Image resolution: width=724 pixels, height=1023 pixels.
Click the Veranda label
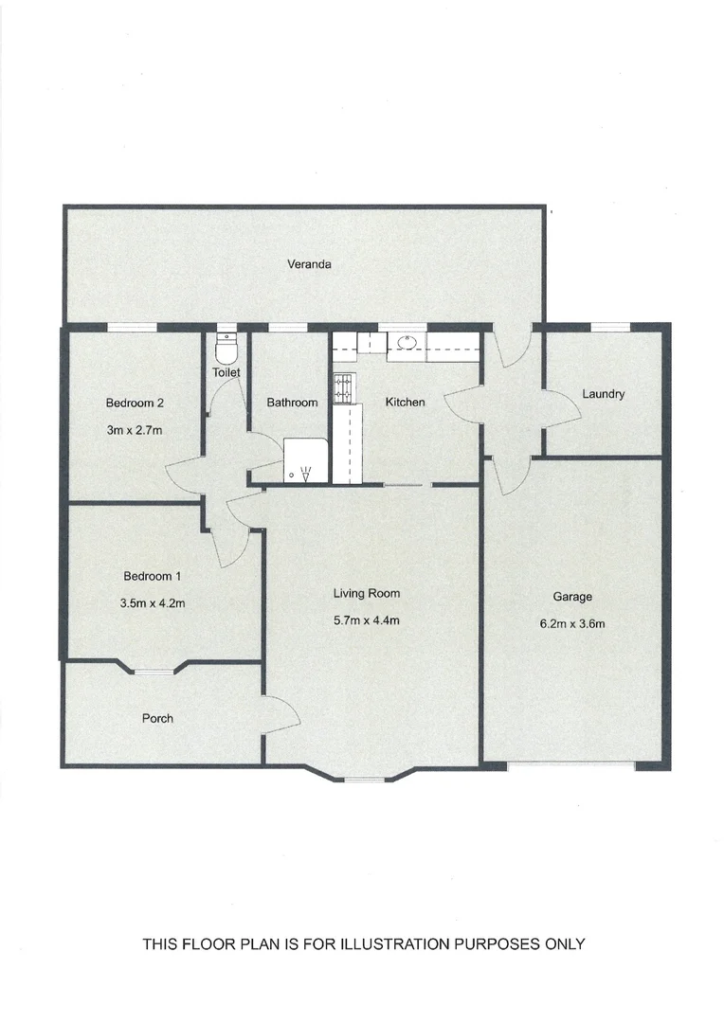(x=309, y=265)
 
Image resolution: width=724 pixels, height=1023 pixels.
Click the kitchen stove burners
(x=343, y=386)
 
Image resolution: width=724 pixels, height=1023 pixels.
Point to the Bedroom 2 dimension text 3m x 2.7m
(x=135, y=430)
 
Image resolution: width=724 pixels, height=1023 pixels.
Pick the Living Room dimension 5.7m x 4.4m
(x=366, y=621)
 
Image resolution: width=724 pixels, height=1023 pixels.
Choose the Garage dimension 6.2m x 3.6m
(x=572, y=623)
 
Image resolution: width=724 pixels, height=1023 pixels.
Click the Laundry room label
(x=604, y=394)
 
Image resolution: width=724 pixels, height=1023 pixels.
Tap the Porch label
(x=157, y=719)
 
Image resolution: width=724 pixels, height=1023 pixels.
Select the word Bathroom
(x=292, y=403)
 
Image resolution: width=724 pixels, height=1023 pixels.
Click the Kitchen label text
(x=405, y=403)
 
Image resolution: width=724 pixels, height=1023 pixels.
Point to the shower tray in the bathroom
(x=305, y=461)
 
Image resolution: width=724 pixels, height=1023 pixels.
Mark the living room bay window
(x=364, y=779)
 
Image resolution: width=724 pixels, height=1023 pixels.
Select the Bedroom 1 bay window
(x=153, y=671)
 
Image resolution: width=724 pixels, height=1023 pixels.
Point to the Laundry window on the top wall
(x=610, y=328)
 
